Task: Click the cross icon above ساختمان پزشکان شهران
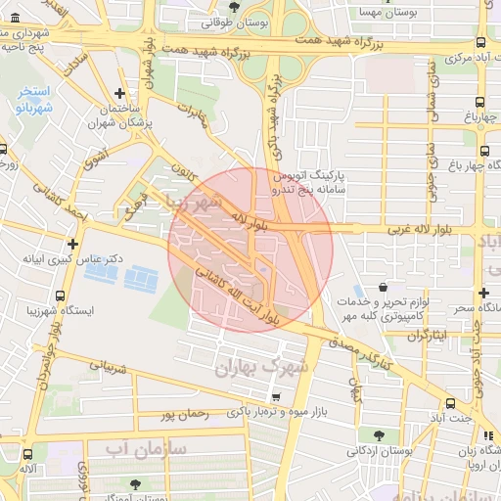tap(119, 95)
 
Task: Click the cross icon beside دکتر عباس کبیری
tap(72, 244)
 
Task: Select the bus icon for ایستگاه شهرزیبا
tap(61, 296)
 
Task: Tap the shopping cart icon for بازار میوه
tap(276, 397)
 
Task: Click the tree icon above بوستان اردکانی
tap(378, 434)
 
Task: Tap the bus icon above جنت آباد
tap(450, 403)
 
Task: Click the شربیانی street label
tap(111, 371)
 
